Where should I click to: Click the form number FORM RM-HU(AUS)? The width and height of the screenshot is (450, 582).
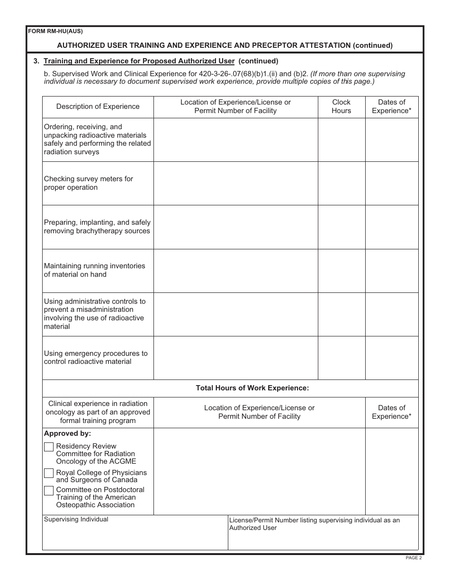pyautogui.click(x=55, y=32)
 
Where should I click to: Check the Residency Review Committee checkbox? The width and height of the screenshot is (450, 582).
pyautogui.click(x=49, y=447)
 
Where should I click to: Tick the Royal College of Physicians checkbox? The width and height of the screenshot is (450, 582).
pyautogui.click(x=49, y=473)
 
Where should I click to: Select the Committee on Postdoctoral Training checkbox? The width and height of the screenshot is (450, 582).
pyautogui.click(x=49, y=490)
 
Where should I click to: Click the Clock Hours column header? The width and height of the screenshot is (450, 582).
pyautogui.click(x=341, y=106)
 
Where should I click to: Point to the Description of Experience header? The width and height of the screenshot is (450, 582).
pyautogui.click(x=98, y=106)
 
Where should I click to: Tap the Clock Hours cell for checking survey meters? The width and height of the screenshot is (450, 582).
pyautogui.click(x=341, y=183)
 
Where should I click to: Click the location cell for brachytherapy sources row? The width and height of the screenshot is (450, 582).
pyautogui.click(x=235, y=227)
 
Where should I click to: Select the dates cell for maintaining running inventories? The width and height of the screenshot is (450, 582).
pyautogui.click(x=392, y=271)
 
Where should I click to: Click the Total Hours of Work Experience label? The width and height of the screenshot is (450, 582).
pyautogui.click(x=252, y=388)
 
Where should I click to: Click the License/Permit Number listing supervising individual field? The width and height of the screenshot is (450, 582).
pyautogui.click(x=323, y=535)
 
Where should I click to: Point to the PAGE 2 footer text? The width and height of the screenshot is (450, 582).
pyautogui.click(x=413, y=558)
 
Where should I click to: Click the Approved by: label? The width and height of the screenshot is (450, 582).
pyautogui.click(x=67, y=433)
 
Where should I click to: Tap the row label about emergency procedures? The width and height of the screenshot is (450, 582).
pyautogui.click(x=96, y=358)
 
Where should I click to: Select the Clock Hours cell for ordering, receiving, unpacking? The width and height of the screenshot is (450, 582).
pyautogui.click(x=341, y=140)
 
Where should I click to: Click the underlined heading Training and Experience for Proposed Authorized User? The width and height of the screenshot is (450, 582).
pyautogui.click(x=139, y=61)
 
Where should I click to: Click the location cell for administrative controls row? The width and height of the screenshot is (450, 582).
pyautogui.click(x=235, y=314)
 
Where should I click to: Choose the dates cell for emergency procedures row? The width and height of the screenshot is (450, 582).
pyautogui.click(x=392, y=358)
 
